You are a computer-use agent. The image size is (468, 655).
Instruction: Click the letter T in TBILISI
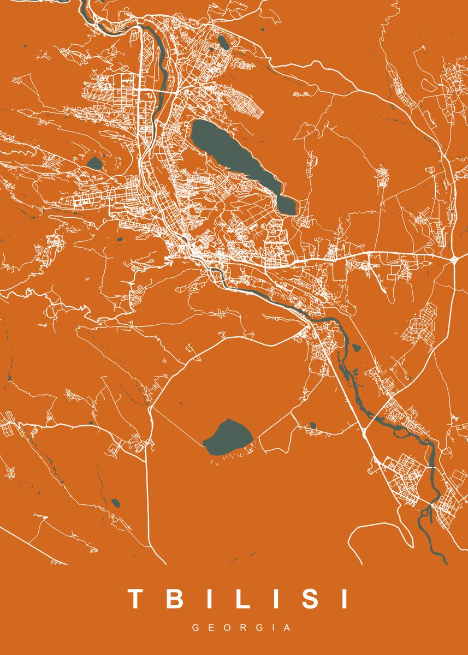(135, 599)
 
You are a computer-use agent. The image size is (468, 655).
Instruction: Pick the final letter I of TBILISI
(344, 599)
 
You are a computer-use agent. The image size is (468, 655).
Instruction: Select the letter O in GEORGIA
(227, 628)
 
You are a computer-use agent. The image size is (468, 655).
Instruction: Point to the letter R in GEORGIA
(242, 628)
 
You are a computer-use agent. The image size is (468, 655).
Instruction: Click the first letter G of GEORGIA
(195, 628)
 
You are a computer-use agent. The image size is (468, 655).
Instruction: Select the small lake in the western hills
(94, 163)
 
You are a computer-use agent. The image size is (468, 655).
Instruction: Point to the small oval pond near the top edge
(223, 41)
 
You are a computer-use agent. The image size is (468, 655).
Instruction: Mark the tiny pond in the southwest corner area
(115, 502)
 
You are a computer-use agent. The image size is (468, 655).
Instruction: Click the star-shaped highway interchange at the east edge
(454, 258)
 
